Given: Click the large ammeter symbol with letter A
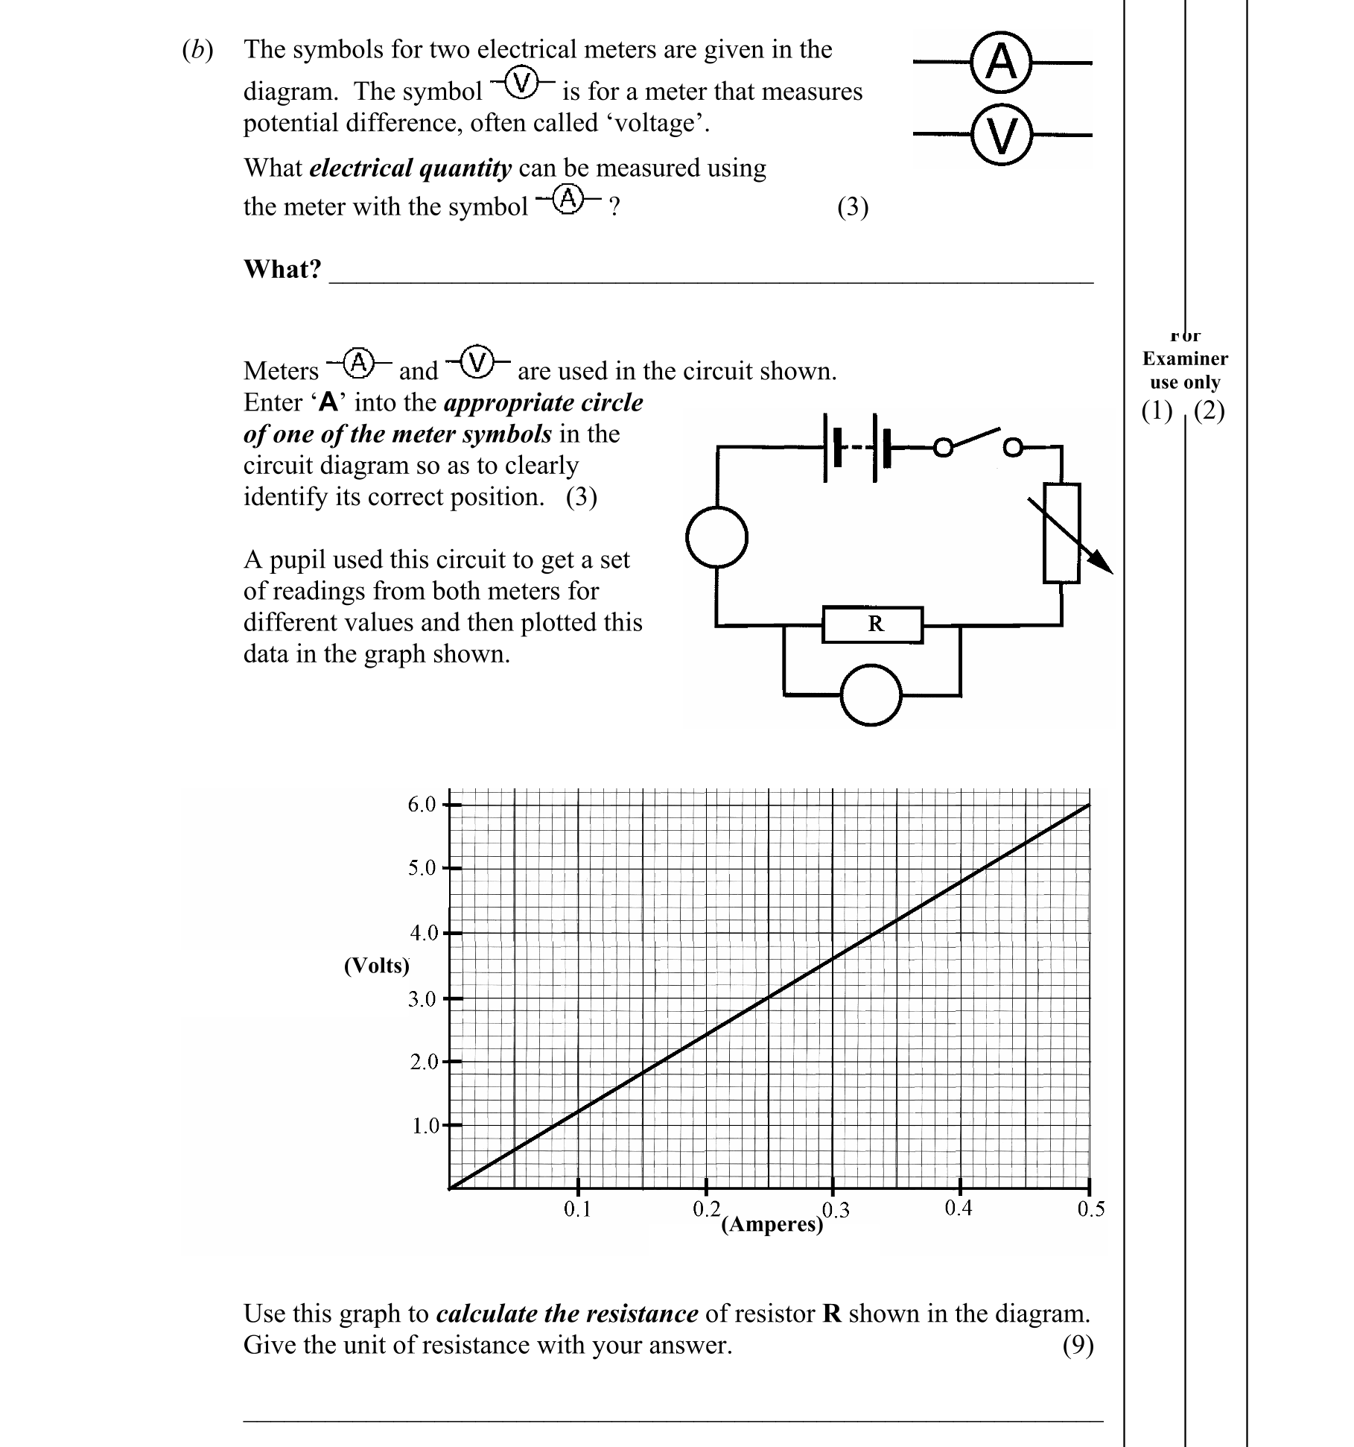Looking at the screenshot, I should point(1002,63).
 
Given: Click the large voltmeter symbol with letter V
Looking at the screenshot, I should point(1002,135).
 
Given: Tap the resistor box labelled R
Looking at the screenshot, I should point(873,624).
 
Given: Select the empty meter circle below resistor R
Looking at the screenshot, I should point(871,694).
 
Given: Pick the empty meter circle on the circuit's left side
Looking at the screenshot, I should point(716,536).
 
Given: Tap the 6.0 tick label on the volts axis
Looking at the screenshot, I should point(421,805).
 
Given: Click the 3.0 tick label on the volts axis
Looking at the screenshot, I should point(421,999).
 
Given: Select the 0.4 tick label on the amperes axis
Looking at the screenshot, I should point(958,1208).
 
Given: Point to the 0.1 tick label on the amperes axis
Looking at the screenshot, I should point(576,1209).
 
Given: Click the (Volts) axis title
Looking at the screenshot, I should point(376,966).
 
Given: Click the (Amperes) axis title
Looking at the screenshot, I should point(772,1224).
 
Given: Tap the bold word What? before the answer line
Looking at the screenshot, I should point(282,268).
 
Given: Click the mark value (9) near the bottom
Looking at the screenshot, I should point(1078,1345).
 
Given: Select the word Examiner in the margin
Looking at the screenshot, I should point(1184,358).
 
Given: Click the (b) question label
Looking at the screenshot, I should point(197,50).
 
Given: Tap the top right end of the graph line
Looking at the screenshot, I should point(1088,805).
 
